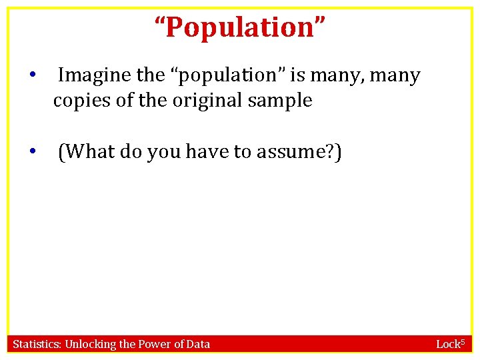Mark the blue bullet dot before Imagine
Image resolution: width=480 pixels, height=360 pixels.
[31, 75]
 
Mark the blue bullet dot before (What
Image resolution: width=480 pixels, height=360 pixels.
[31, 151]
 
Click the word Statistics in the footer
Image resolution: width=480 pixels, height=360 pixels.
[37, 345]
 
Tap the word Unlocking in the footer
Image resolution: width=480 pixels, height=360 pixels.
[91, 345]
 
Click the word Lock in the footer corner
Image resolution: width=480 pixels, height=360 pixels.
[448, 345]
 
